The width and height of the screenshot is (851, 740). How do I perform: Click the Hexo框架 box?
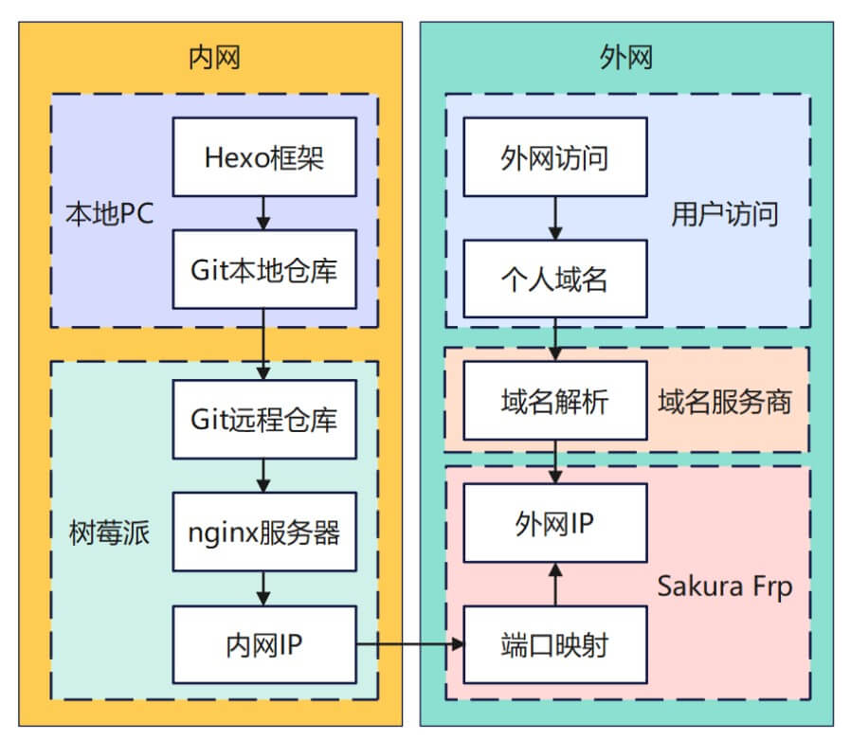264,157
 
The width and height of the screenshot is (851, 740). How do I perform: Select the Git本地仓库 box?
264,269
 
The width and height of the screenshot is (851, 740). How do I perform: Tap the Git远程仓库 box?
264,419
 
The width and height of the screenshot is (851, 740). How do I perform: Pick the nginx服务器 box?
264,532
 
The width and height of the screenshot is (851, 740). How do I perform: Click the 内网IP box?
264,644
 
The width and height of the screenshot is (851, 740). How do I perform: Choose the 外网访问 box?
555,157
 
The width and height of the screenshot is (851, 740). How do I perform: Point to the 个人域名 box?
555,280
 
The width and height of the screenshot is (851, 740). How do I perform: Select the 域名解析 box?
555,401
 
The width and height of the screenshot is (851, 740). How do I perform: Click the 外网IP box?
555,523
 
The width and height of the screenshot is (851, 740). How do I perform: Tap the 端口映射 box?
555,645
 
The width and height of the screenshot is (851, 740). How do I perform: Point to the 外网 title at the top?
626,58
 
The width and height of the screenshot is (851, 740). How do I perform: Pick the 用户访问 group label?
725,213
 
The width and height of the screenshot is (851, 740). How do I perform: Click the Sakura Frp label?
725,585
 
